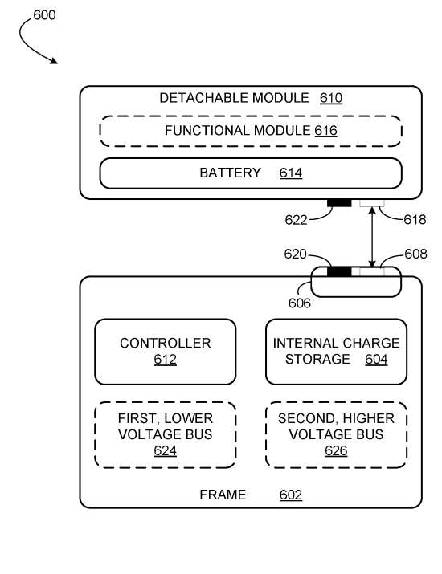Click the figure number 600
(44, 15)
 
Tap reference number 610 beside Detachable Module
(331, 98)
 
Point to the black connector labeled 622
(339, 203)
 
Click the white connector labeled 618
(372, 203)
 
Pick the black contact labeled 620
(339, 271)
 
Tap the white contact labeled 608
(372, 271)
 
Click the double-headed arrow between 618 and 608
(372, 237)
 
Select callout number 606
(300, 303)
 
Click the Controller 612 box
(166, 352)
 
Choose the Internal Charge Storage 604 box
(336, 352)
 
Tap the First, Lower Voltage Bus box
(166, 435)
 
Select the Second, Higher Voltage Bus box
(336, 435)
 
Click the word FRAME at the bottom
(223, 495)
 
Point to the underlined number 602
(291, 495)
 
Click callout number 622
(296, 220)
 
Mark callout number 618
(415, 220)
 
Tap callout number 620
(295, 254)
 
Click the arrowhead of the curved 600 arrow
(55, 61)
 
